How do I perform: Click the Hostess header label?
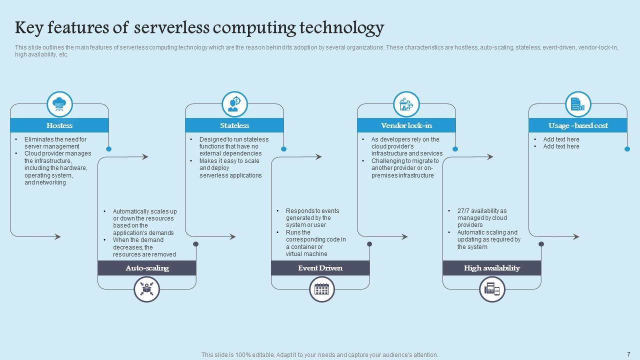pyautogui.click(x=59, y=125)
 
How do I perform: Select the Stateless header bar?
pyautogui.click(x=234, y=125)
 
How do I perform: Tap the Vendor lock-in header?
pyautogui.click(x=406, y=125)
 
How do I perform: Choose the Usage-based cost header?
pyautogui.click(x=578, y=125)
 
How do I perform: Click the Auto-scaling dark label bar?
pyautogui.click(x=146, y=268)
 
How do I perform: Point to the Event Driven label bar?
pyautogui.click(x=320, y=268)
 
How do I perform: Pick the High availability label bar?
pyautogui.click(x=491, y=268)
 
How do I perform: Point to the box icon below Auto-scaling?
pyautogui.click(x=146, y=289)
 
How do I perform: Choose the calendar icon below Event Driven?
pyautogui.click(x=321, y=289)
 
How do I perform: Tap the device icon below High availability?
pyautogui.click(x=492, y=289)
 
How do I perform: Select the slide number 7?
pyautogui.click(x=628, y=354)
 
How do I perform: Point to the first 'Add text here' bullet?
pyautogui.click(x=561, y=139)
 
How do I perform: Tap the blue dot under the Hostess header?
pyautogui.click(x=109, y=149)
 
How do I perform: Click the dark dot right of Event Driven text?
pyautogui.click(x=369, y=244)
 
